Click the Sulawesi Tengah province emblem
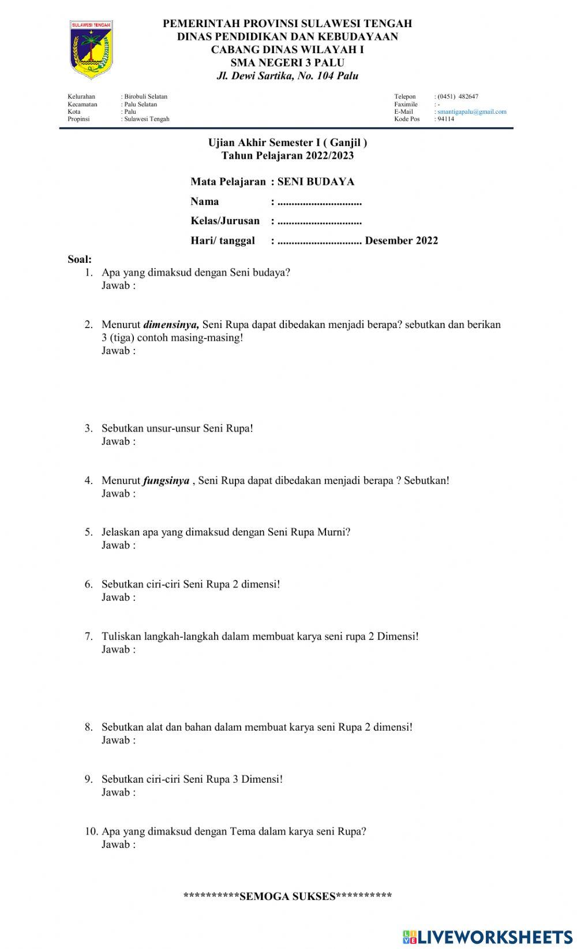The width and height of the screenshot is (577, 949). pos(91,50)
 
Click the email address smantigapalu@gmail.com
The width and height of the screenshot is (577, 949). pos(471,111)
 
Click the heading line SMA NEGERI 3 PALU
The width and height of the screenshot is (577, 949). pos(287,62)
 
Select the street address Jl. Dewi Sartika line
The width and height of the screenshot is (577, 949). pos(287,76)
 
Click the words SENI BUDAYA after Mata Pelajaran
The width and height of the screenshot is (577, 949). pos(316,181)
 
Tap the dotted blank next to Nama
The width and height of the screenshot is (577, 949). pos(319,202)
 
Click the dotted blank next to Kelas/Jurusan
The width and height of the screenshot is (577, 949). pos(319,221)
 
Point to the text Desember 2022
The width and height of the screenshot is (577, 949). pos(401,240)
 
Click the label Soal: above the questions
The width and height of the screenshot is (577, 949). pos(80,259)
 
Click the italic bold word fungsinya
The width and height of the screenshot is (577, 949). pos(166,481)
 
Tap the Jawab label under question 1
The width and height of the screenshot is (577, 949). pos(118,286)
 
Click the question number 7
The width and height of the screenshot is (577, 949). pos(88,637)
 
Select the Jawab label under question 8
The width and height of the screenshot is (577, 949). pos(118,740)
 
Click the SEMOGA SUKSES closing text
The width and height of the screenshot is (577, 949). pos(287,896)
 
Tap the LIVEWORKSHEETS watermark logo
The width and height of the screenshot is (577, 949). pos(487,936)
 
